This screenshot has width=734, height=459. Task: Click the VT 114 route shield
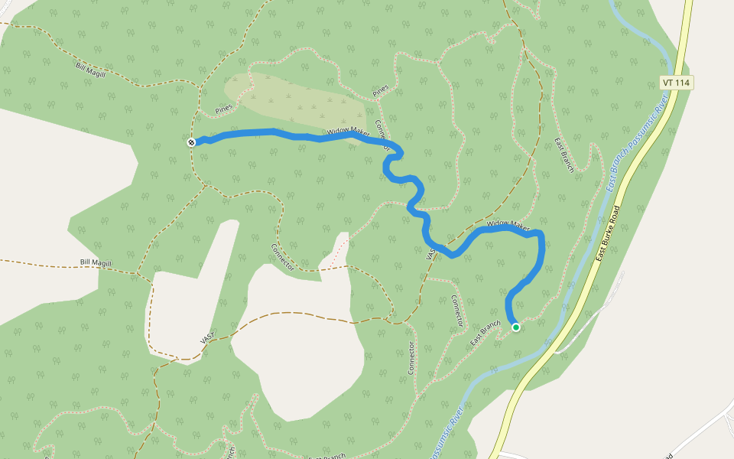tap(676, 82)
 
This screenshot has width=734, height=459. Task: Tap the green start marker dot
tap(516, 327)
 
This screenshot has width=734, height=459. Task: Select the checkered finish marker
tap(191, 142)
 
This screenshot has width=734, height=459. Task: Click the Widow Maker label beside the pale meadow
tap(347, 132)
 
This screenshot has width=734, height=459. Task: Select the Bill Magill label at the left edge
tap(96, 263)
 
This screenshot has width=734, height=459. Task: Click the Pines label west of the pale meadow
tap(223, 109)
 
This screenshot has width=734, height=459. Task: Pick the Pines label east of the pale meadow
tap(381, 90)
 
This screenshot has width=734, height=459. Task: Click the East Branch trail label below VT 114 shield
tap(563, 155)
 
